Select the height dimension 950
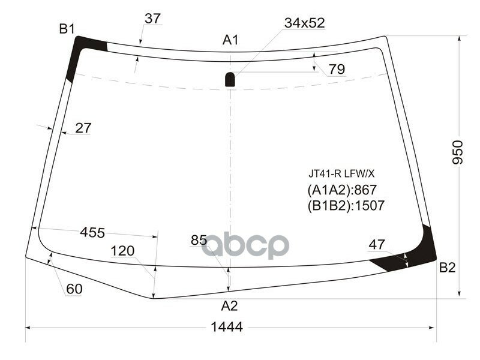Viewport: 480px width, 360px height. coord(457,154)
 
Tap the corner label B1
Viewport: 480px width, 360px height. coord(66,28)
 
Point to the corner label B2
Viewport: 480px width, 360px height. coord(447,268)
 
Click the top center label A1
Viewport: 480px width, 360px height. coord(231,40)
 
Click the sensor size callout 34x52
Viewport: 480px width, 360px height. coord(304,23)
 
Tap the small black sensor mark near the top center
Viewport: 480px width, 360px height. coord(230,79)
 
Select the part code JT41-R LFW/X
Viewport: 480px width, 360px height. coord(341,174)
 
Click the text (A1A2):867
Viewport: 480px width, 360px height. coord(341,190)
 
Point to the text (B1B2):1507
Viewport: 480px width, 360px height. coord(345,205)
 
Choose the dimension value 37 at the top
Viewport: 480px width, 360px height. coord(152,19)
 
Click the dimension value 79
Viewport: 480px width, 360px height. coord(337,70)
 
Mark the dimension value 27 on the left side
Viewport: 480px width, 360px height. coord(83,128)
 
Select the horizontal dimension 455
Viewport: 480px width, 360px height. coord(92,232)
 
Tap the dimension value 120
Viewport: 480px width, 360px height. coord(122,250)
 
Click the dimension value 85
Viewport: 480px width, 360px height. coord(199,240)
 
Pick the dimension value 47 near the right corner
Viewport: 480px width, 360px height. coord(377,244)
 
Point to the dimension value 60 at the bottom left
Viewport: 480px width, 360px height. coord(74,289)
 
